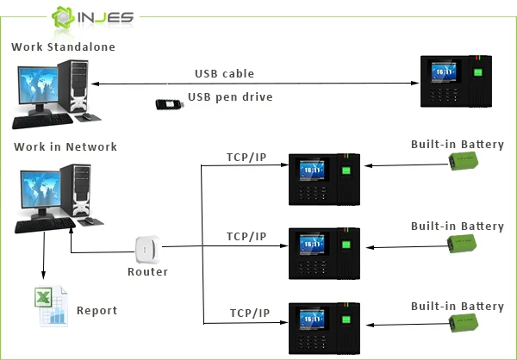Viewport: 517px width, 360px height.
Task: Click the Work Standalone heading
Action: (63, 46)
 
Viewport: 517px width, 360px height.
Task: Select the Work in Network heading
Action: (65, 146)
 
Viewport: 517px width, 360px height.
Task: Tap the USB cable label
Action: (225, 73)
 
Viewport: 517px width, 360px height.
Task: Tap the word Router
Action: (148, 271)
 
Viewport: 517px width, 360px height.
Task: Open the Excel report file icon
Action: (51, 305)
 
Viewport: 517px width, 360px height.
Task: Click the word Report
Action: (97, 311)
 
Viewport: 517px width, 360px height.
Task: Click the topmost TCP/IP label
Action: (245, 158)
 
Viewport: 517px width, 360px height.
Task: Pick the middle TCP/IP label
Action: (245, 236)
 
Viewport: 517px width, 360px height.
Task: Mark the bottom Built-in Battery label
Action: (458, 307)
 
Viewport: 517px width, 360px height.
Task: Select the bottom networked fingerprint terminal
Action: (324, 329)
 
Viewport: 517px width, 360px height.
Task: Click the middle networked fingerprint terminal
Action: (324, 254)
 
